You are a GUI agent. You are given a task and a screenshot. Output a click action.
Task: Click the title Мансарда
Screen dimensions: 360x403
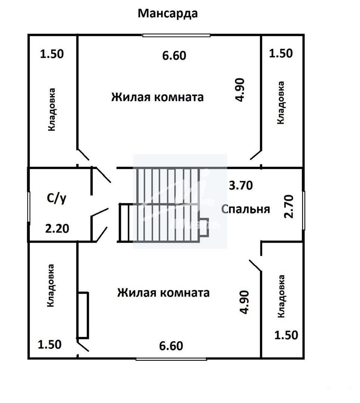pyautogui.click(x=168, y=14)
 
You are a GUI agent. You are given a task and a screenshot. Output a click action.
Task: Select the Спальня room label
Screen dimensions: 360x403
pyautogui.click(x=245, y=209)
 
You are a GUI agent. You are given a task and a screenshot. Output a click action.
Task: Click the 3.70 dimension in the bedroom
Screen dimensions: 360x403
pyautogui.click(x=241, y=185)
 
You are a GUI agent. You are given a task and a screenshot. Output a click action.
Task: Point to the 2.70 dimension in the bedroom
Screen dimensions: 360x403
pyautogui.click(x=289, y=206)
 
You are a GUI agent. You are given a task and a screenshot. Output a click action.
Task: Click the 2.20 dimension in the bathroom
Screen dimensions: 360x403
pyautogui.click(x=57, y=228)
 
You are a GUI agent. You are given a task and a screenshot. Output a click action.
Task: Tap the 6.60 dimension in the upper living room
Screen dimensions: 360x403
pyautogui.click(x=174, y=56)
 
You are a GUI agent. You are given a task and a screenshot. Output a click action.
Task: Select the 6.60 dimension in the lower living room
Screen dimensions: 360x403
pyautogui.click(x=171, y=346)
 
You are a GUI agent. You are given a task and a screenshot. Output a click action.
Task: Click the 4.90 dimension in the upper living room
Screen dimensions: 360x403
pyautogui.click(x=240, y=90)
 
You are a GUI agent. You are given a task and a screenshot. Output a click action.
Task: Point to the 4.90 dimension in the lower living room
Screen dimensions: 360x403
pyautogui.click(x=244, y=302)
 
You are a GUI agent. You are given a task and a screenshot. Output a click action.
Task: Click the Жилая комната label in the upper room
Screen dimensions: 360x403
pyautogui.click(x=157, y=97)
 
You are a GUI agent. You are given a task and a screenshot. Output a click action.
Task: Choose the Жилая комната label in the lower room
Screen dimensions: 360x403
pyautogui.click(x=163, y=293)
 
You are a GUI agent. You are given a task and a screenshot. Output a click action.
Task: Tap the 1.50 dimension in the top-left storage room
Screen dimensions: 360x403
pyautogui.click(x=51, y=54)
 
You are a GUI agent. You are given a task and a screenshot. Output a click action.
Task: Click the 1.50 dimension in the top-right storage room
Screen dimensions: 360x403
pyautogui.click(x=281, y=53)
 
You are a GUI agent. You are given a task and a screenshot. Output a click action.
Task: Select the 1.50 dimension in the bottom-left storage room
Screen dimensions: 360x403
pyautogui.click(x=49, y=345)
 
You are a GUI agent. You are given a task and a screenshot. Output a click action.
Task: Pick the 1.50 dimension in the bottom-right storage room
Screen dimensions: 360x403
pyautogui.click(x=286, y=335)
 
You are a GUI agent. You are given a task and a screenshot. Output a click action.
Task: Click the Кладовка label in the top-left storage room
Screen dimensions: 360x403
pyautogui.click(x=51, y=110)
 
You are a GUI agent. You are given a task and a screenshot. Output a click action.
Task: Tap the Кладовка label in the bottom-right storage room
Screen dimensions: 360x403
pyautogui.click(x=281, y=296)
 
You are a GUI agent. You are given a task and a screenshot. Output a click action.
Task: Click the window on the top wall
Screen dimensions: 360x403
pyautogui.click(x=176, y=35)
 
